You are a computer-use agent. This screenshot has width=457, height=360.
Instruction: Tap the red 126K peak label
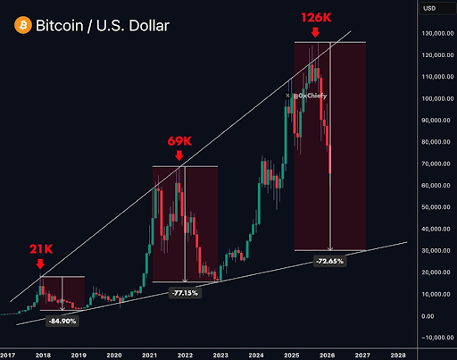click(x=314, y=17)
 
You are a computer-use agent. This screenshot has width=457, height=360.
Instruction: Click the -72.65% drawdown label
click(x=330, y=260)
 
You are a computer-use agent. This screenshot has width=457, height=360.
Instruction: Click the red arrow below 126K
click(x=314, y=33)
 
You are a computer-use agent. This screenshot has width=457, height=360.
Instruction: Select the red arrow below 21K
click(x=40, y=264)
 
